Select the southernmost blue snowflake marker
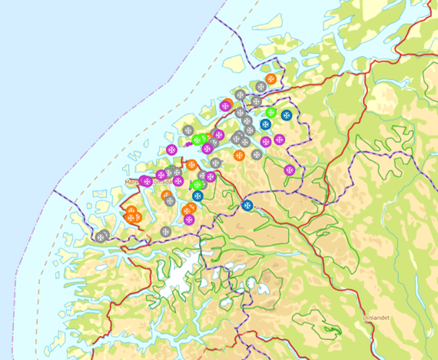[247, 205]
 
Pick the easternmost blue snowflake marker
[286, 115]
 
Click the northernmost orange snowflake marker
[271, 79]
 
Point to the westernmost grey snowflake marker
[102, 235]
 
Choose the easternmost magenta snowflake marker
[289, 170]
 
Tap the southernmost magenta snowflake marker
[189, 220]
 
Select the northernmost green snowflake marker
[270, 113]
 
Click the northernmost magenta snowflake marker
[225, 106]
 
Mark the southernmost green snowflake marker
[197, 185]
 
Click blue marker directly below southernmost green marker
[197, 197]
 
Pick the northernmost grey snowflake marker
[241, 95]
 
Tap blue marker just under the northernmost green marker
[265, 124]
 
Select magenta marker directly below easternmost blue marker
[279, 140]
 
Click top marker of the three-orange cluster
[131, 210]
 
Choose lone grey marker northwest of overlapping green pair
[187, 130]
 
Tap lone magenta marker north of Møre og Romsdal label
[171, 149]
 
